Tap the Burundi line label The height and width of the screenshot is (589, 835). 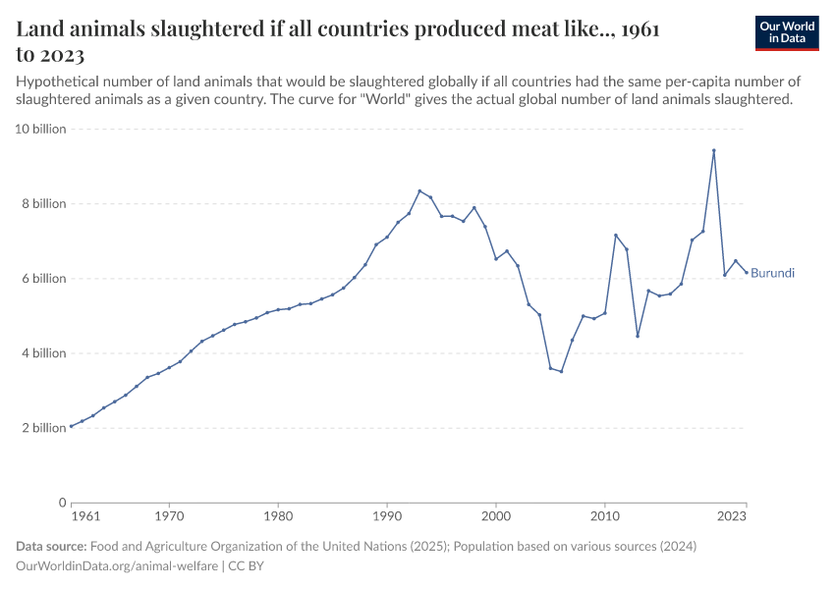click(x=772, y=273)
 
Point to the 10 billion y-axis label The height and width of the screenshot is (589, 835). click(x=39, y=129)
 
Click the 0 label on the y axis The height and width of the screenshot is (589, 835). click(x=61, y=503)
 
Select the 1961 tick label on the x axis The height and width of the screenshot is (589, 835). click(x=86, y=514)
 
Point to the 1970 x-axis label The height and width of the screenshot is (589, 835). click(x=169, y=514)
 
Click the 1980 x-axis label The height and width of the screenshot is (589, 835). click(x=278, y=514)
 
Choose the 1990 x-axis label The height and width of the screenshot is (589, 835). click(x=387, y=514)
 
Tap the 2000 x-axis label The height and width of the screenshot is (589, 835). click(x=496, y=514)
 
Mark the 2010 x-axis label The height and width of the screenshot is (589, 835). click(x=605, y=514)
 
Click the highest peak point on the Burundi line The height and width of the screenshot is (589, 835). click(x=714, y=150)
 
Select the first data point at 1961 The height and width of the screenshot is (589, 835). click(x=71, y=426)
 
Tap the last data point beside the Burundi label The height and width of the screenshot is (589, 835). click(x=747, y=272)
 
